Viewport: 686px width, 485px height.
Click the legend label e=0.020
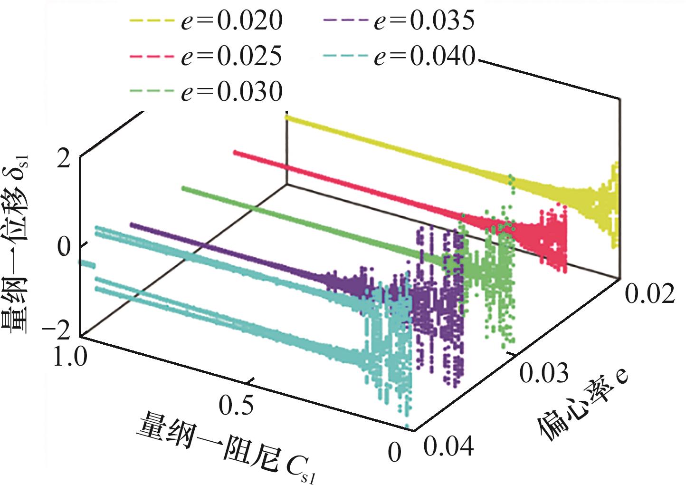tap(231, 21)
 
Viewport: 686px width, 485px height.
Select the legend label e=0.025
tap(231, 56)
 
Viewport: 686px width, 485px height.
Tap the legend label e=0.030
tap(231, 91)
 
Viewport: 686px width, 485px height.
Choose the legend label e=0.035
tap(424, 21)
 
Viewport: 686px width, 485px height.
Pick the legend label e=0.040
tap(424, 56)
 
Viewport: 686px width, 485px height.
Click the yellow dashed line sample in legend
tap(151, 21)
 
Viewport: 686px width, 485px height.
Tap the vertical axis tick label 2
tap(64, 160)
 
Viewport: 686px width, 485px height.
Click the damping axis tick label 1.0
tap(70, 356)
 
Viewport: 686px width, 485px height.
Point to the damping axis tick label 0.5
tap(236, 405)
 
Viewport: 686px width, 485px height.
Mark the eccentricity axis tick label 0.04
tap(448, 446)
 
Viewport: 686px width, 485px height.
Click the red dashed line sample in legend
tap(151, 56)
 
